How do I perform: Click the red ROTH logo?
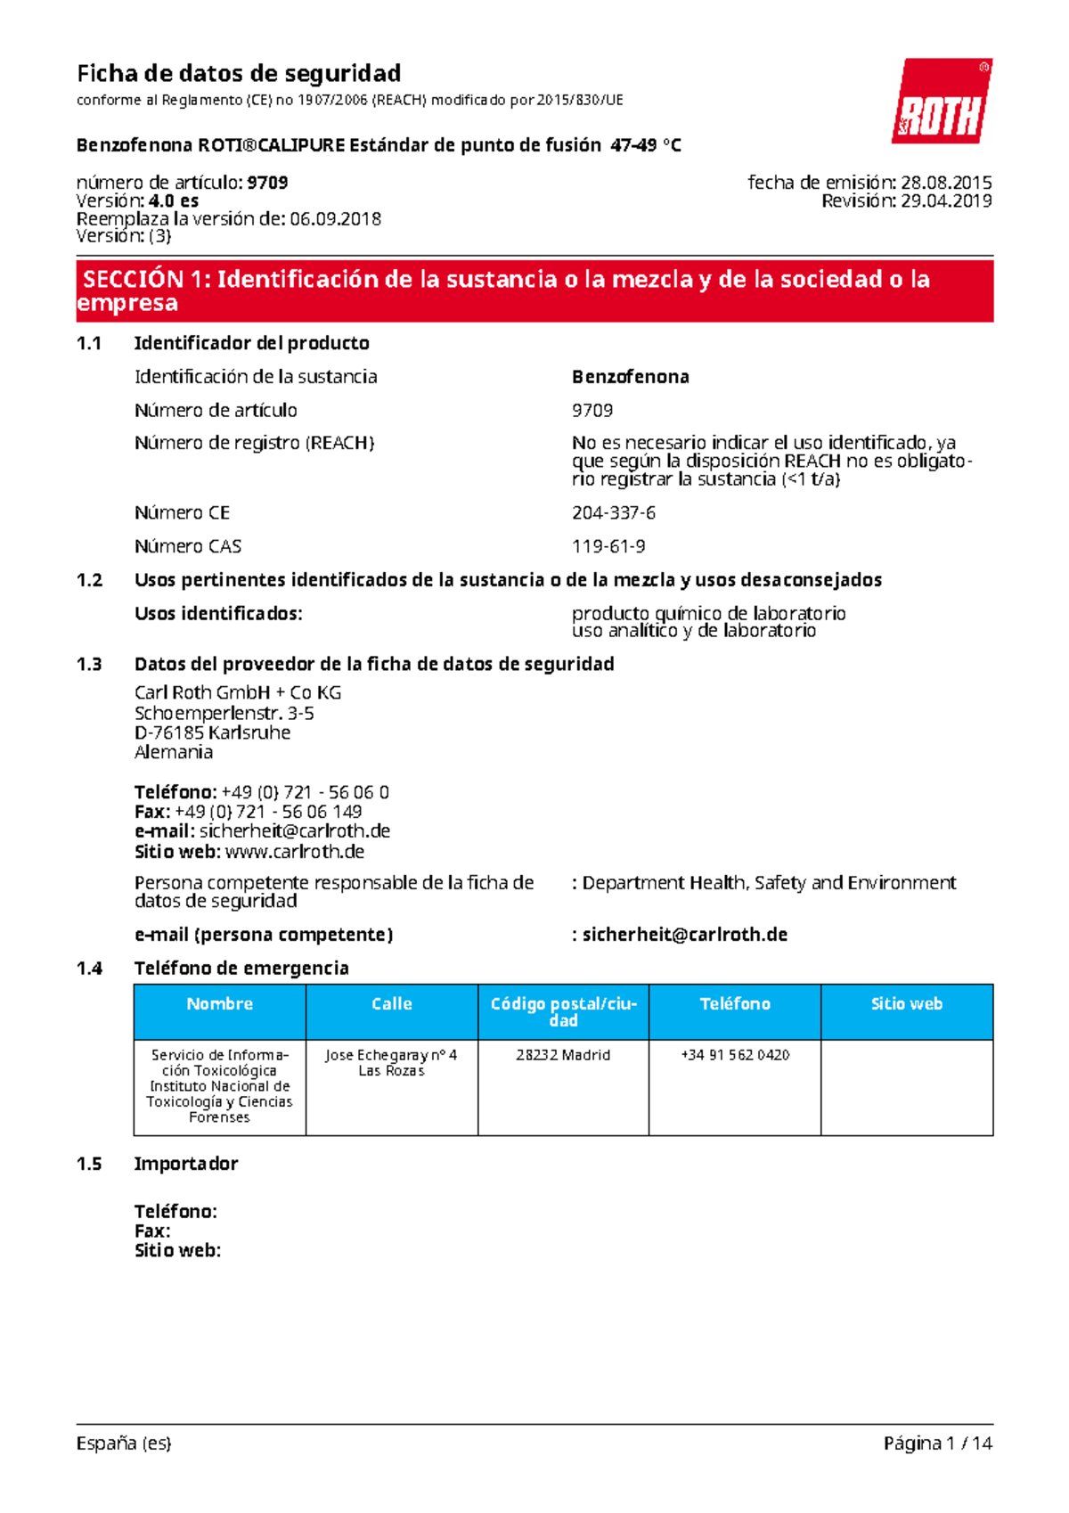pos(942,102)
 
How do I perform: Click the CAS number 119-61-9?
pos(608,546)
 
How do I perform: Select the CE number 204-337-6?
pos(614,512)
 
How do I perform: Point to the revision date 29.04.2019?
pos(946,201)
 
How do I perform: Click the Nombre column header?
pos(219,1004)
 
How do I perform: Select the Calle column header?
pos(391,1004)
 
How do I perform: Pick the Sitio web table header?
pos(906,1004)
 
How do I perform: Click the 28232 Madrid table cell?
pos(563,1055)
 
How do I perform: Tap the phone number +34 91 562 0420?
pos(735,1055)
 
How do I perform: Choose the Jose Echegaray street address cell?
pos(391,1062)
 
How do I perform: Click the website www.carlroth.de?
pos(295,852)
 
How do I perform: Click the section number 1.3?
pos(89,664)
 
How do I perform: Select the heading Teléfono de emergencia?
pos(241,969)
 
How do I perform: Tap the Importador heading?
pos(186,1164)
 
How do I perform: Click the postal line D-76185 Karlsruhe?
pos(212,732)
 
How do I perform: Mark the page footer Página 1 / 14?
pos(937,1443)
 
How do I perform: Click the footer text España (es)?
pos(124,1443)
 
